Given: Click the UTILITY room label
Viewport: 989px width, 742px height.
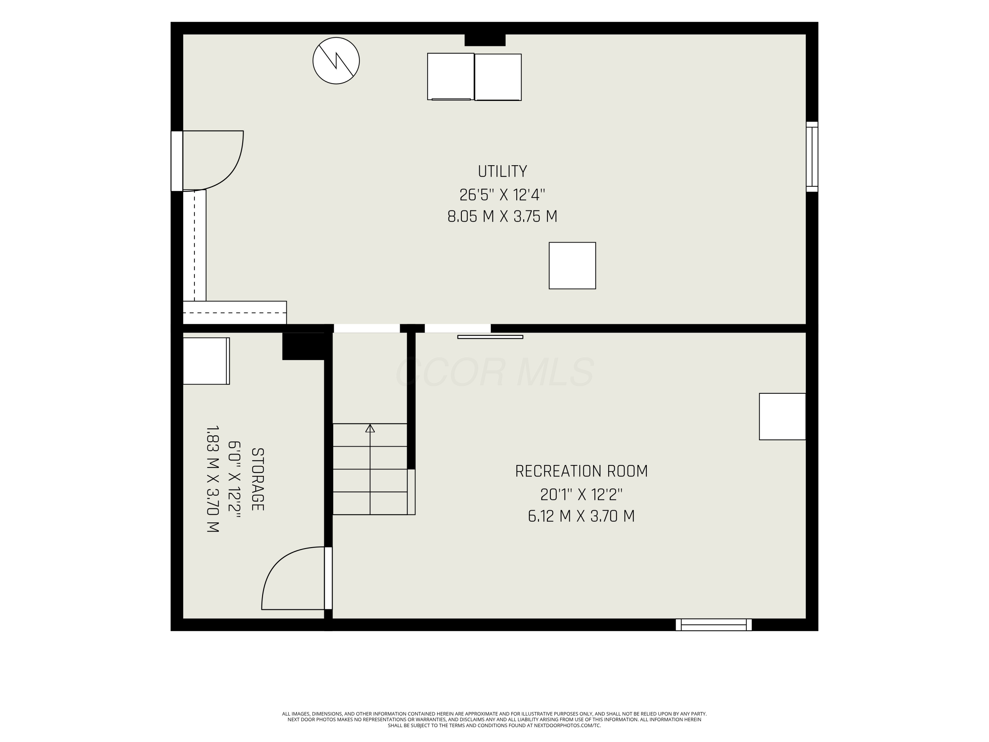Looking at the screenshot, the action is point(502,171).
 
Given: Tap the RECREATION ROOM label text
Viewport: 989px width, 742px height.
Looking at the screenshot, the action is point(581,471).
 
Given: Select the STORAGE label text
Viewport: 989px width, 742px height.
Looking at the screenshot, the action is point(257,479).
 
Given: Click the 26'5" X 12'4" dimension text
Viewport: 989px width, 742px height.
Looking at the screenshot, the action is point(502,195).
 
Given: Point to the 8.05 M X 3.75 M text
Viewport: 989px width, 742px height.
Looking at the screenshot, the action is point(502,216).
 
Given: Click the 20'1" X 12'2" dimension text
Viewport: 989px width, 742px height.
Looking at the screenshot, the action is point(581,494).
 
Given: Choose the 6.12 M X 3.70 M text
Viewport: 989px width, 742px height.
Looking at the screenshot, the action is point(581,516).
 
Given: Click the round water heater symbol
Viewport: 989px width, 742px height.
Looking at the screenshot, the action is point(336,61).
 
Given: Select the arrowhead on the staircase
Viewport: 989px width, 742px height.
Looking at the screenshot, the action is point(370,428).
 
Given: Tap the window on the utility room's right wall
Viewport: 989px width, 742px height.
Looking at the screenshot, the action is point(812,157).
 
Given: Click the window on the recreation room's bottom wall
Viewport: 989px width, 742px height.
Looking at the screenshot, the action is point(714,625).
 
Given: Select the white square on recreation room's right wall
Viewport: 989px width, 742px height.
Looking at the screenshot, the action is point(782,417).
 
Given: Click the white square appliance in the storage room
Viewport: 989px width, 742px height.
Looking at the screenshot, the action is point(206,361).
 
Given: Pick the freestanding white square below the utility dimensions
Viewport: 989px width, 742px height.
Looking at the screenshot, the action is point(572,266).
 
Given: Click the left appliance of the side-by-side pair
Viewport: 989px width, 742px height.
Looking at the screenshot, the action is point(451,77).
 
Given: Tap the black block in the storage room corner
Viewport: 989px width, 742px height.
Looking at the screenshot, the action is point(304,346).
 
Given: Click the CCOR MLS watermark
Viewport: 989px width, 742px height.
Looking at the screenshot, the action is point(494,372).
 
